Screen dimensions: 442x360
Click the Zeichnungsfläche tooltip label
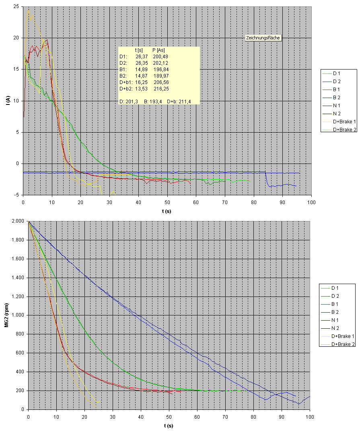[263, 38]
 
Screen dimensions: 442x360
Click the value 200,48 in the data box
[161, 57]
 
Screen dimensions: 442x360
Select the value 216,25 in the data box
[161, 89]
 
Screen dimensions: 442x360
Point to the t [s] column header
[140, 50]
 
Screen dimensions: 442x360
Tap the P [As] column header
[159, 50]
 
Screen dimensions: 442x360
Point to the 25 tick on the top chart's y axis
[16, 7]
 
